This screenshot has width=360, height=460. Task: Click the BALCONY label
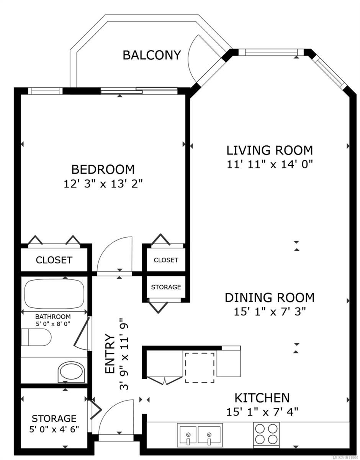[151, 55]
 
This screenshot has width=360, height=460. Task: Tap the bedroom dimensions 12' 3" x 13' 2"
[103, 183]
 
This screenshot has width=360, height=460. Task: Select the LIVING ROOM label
[270, 150]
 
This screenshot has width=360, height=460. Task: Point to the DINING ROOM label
[269, 297]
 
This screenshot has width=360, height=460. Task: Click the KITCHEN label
[262, 398]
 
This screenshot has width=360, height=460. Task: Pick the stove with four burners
[266, 433]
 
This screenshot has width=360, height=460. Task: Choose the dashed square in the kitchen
[200, 368]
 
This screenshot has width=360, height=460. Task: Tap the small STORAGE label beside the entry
[166, 287]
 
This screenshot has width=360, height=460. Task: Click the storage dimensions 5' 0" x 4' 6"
[54, 429]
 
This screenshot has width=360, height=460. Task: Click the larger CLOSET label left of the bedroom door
[54, 260]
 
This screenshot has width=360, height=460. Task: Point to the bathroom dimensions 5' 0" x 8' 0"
[53, 323]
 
